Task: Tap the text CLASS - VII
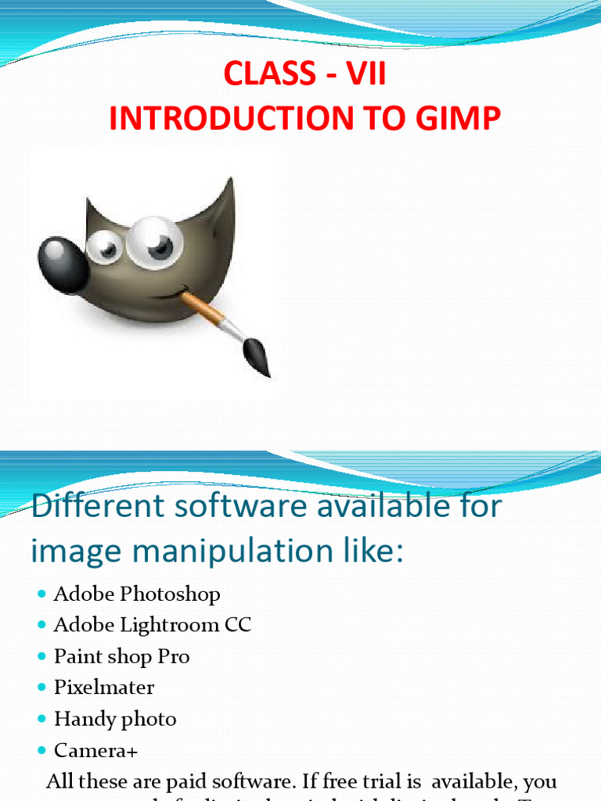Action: point(304,75)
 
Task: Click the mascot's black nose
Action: point(61,263)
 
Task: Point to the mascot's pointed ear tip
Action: point(228,185)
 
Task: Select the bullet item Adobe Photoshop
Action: point(137,594)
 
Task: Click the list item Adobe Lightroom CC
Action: point(153,626)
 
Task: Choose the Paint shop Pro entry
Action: point(121,657)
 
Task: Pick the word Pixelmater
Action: point(104,688)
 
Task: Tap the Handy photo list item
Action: point(115,720)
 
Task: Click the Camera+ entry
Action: point(95,752)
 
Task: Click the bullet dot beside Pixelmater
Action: point(42,688)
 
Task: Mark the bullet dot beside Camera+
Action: point(42,752)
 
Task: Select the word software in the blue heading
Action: point(223,507)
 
